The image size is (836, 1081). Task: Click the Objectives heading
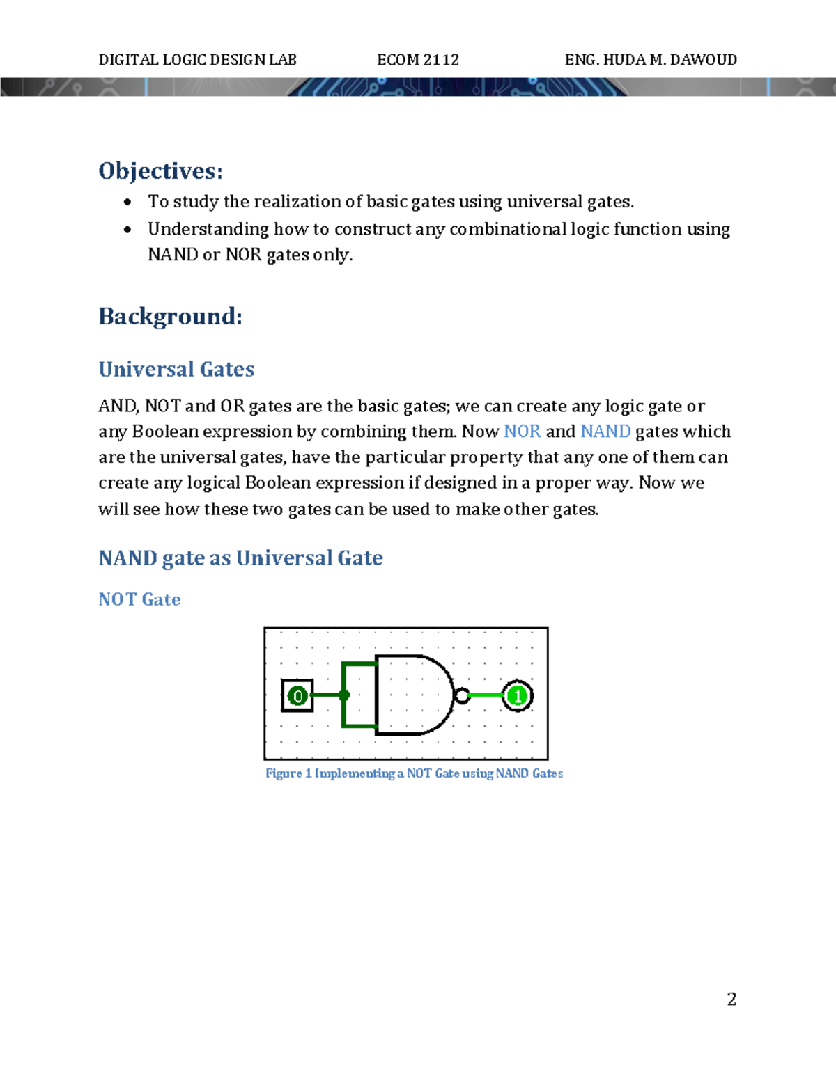click(160, 171)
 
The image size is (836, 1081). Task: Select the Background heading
click(170, 317)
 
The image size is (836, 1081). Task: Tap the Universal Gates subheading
click(176, 369)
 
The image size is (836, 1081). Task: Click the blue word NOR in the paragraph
click(522, 432)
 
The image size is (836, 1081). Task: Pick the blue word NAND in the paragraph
click(605, 432)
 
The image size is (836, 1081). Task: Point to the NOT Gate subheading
click(139, 599)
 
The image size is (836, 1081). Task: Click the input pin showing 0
click(297, 695)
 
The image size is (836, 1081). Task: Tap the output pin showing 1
click(518, 695)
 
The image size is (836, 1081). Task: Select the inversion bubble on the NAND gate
click(461, 695)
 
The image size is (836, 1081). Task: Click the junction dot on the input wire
click(344, 695)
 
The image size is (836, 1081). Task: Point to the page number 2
click(731, 1000)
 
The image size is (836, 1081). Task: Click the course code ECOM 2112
click(418, 60)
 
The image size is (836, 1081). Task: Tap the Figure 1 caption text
click(414, 773)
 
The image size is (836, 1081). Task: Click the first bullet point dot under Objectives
click(127, 203)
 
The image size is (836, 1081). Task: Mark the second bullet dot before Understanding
click(127, 230)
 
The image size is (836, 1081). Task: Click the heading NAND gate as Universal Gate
click(240, 558)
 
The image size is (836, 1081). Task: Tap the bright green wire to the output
click(486, 695)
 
